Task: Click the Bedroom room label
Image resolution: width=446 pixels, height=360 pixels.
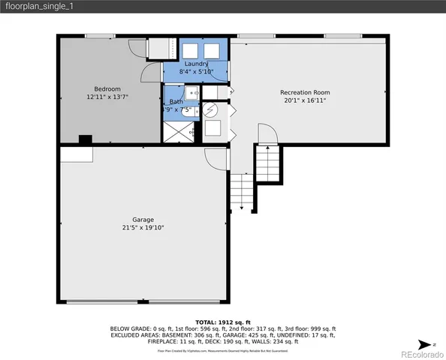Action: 107,89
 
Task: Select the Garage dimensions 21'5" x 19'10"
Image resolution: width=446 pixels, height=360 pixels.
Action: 143,227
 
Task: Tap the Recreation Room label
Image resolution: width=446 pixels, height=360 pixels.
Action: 305,92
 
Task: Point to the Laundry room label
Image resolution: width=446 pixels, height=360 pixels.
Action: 196,64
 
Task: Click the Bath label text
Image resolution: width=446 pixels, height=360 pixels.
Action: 176,101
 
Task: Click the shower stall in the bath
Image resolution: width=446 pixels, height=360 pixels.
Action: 177,132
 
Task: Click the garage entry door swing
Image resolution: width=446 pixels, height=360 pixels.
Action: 215,157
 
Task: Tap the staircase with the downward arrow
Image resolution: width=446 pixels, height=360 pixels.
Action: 241,192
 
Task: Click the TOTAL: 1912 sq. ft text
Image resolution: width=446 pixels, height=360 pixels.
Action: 223,321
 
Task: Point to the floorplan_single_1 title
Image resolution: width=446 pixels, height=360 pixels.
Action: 38,6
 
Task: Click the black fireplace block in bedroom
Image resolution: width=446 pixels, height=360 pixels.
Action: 86,139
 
